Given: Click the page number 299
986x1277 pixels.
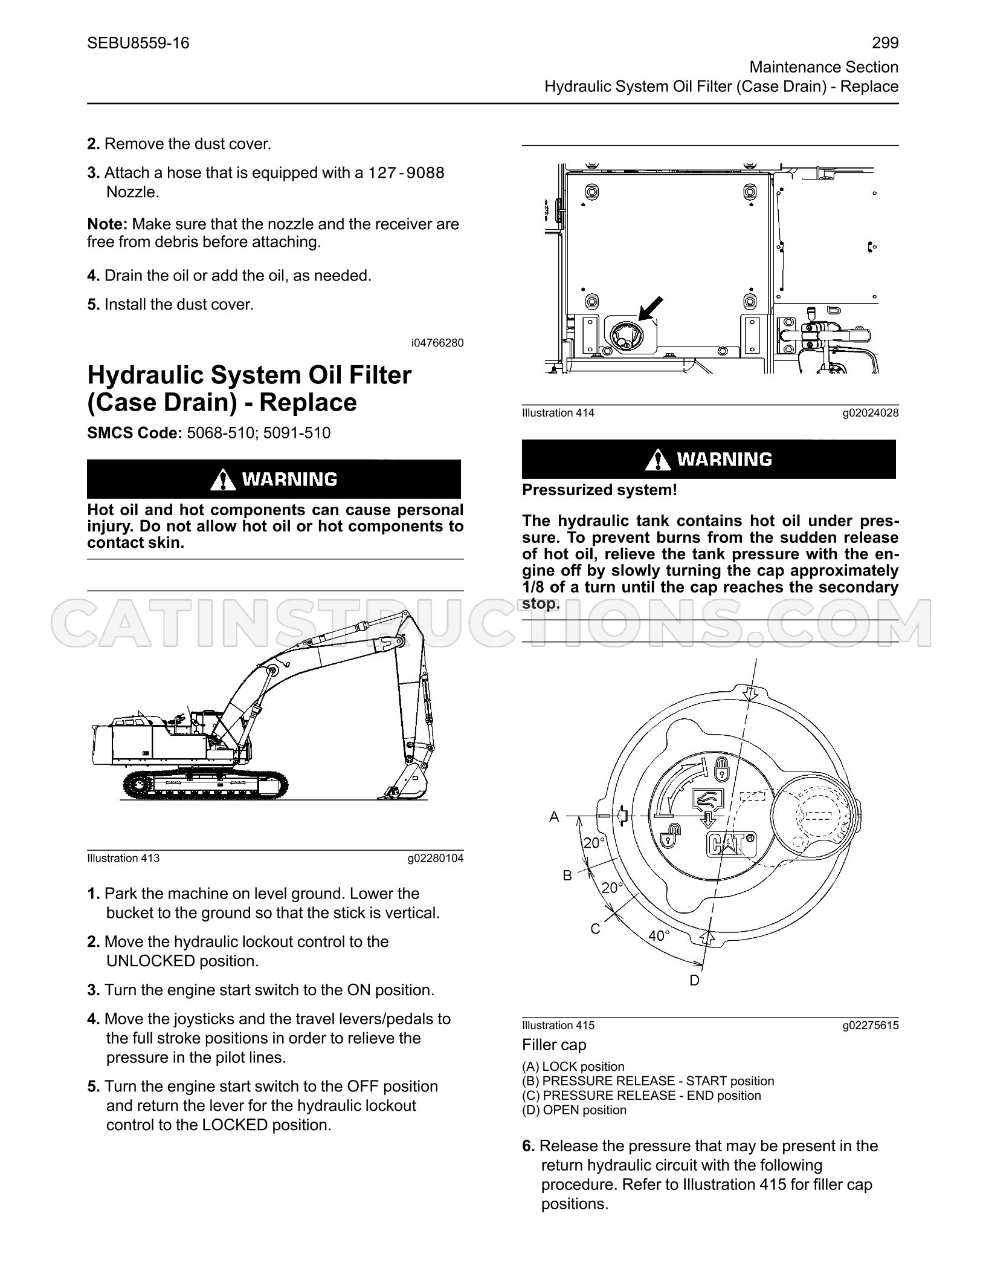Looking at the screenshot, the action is pos(885,43).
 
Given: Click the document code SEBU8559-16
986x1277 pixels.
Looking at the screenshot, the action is pos(138,43).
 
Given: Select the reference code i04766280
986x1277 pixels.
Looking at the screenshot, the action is pos(437,343).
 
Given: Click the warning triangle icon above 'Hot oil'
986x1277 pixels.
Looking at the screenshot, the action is pos(224,479).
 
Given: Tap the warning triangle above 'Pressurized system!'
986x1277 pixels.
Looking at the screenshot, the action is pos(657,460).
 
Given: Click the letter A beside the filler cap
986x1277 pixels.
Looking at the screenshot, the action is pos(554,817).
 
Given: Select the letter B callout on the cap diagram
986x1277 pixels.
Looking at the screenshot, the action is pos(567,875).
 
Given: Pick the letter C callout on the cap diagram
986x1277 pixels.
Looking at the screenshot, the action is pos(595,929).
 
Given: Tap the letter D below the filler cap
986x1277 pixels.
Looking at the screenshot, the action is pos(694,980).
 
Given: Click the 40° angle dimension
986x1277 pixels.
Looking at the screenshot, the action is pos(659,935).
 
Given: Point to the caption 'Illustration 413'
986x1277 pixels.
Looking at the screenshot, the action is pos(123,858).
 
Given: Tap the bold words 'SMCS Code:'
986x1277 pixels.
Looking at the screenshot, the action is pos(135,433).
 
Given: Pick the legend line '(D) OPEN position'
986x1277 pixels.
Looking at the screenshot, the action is pos(574,1110).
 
